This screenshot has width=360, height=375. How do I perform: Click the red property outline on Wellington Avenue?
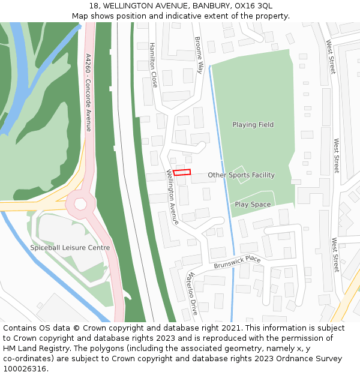[182, 172]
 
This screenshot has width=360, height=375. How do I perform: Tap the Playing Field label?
[253, 125]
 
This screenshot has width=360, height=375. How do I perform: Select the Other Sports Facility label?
[241, 175]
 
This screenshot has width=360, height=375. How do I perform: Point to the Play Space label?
[253, 205]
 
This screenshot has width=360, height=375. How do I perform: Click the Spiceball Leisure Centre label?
[70, 248]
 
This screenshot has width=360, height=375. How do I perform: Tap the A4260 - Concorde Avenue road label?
[88, 92]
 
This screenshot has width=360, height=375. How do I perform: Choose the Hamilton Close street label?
[153, 65]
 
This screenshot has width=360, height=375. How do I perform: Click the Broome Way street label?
[200, 55]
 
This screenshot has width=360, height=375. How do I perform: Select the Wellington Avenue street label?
[172, 197]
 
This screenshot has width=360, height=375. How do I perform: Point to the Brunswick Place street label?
[238, 262]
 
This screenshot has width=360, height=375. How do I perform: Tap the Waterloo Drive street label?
[191, 293]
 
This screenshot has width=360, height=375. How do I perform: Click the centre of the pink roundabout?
[80, 204]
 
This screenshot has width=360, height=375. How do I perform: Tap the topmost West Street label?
[331, 57]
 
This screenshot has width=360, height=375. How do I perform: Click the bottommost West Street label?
[335, 255]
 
